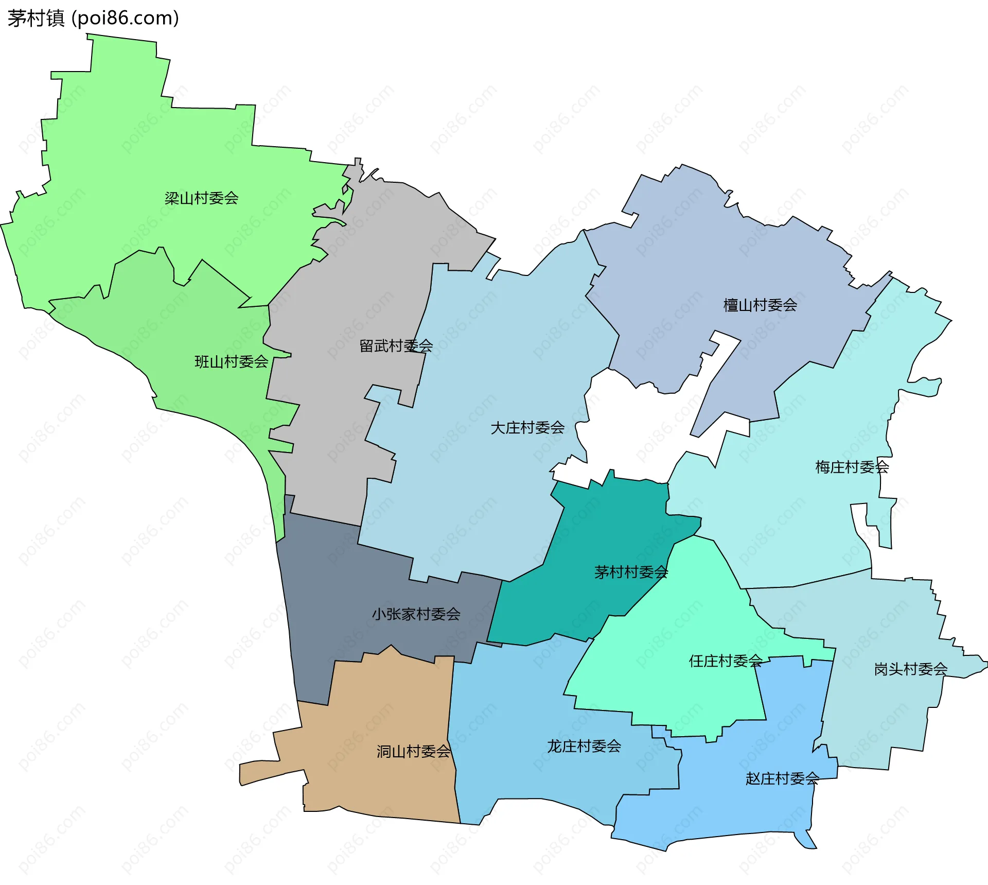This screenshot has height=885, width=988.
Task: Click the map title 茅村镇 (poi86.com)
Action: (93, 19)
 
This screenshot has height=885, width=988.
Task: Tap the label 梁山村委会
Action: (201, 198)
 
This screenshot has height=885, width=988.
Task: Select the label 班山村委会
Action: (231, 362)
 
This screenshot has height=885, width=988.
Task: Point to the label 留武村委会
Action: (396, 346)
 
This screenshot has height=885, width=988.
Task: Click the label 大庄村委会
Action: (527, 428)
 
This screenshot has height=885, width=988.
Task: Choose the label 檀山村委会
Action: (760, 305)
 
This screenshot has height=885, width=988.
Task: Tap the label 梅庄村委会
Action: (852, 467)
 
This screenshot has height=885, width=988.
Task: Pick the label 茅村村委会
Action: (631, 572)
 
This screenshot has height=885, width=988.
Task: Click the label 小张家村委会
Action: (416, 614)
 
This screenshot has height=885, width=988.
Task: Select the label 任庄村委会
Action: (726, 661)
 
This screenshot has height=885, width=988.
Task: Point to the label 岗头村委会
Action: (910, 669)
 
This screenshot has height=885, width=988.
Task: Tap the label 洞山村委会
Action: (413, 752)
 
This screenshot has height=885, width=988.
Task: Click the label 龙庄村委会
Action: (584, 747)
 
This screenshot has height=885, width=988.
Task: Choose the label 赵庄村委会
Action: (782, 778)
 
